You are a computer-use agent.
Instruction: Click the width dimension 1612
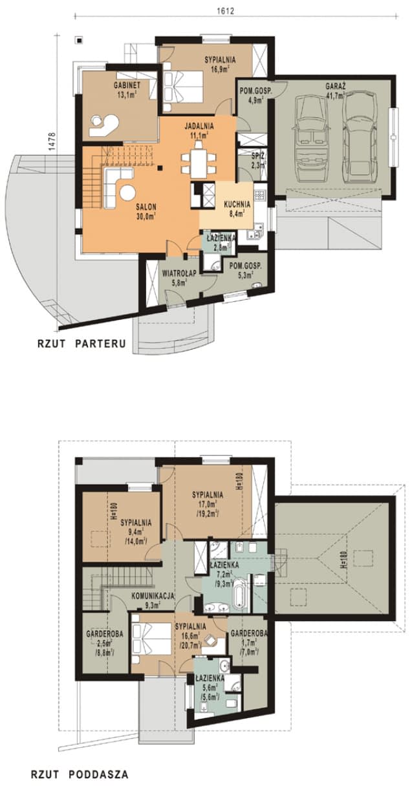click(x=224, y=11)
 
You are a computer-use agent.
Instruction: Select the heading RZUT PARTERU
click(x=81, y=343)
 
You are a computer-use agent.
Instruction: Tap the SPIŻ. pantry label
click(x=246, y=156)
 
